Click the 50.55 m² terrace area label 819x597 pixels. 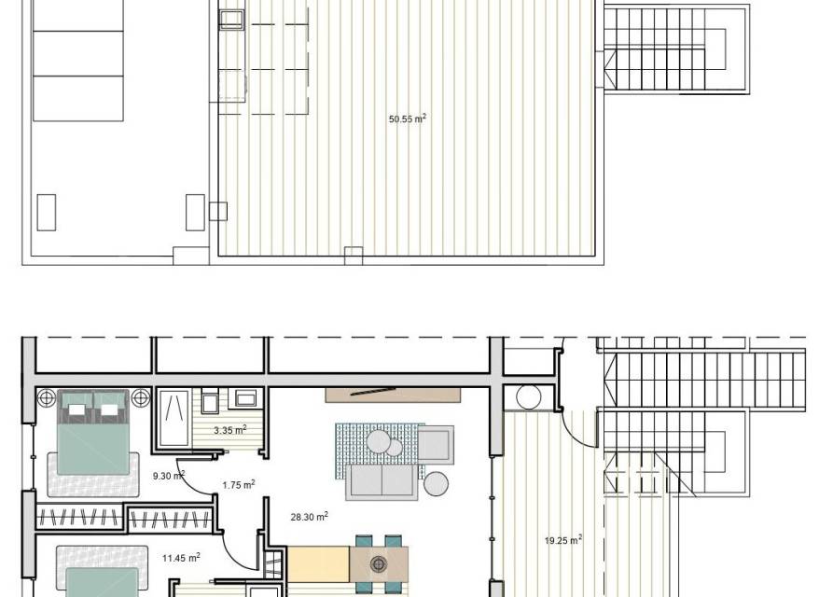coord(408,119)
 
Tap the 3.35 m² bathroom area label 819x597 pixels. coord(230,430)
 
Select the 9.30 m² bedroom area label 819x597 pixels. coord(169,476)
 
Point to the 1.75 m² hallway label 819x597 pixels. coord(239,485)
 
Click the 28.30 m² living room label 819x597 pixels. coord(309,517)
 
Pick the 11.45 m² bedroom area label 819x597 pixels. coord(181,558)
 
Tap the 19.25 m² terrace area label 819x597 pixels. coord(563,540)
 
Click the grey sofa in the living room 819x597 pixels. coord(382,481)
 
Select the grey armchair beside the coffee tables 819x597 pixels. coord(436,444)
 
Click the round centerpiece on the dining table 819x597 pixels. coord(378,563)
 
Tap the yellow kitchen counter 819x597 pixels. coord(318,564)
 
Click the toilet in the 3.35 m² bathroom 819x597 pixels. coord(210,401)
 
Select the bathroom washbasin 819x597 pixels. coord(245,397)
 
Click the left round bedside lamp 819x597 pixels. coord(46,398)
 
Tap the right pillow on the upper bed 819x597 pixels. coord(109,410)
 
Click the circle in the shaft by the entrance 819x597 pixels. coord(529,397)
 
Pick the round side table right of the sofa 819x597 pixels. coord(437,483)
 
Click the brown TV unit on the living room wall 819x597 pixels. coord(394,396)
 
